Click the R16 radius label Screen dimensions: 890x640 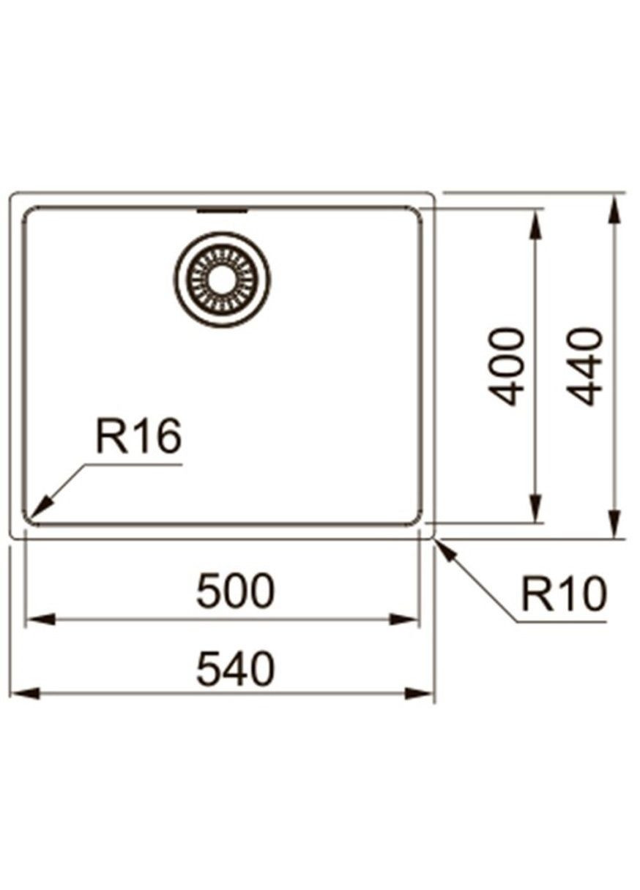138,438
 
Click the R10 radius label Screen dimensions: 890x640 564,594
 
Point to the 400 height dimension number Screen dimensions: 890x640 507,366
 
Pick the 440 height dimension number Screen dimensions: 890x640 586,366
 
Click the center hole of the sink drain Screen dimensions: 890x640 222,280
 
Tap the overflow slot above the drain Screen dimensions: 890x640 223,211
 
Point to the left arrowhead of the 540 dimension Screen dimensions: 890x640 22,692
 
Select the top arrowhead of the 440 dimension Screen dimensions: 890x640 614,208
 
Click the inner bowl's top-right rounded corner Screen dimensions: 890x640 416,215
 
